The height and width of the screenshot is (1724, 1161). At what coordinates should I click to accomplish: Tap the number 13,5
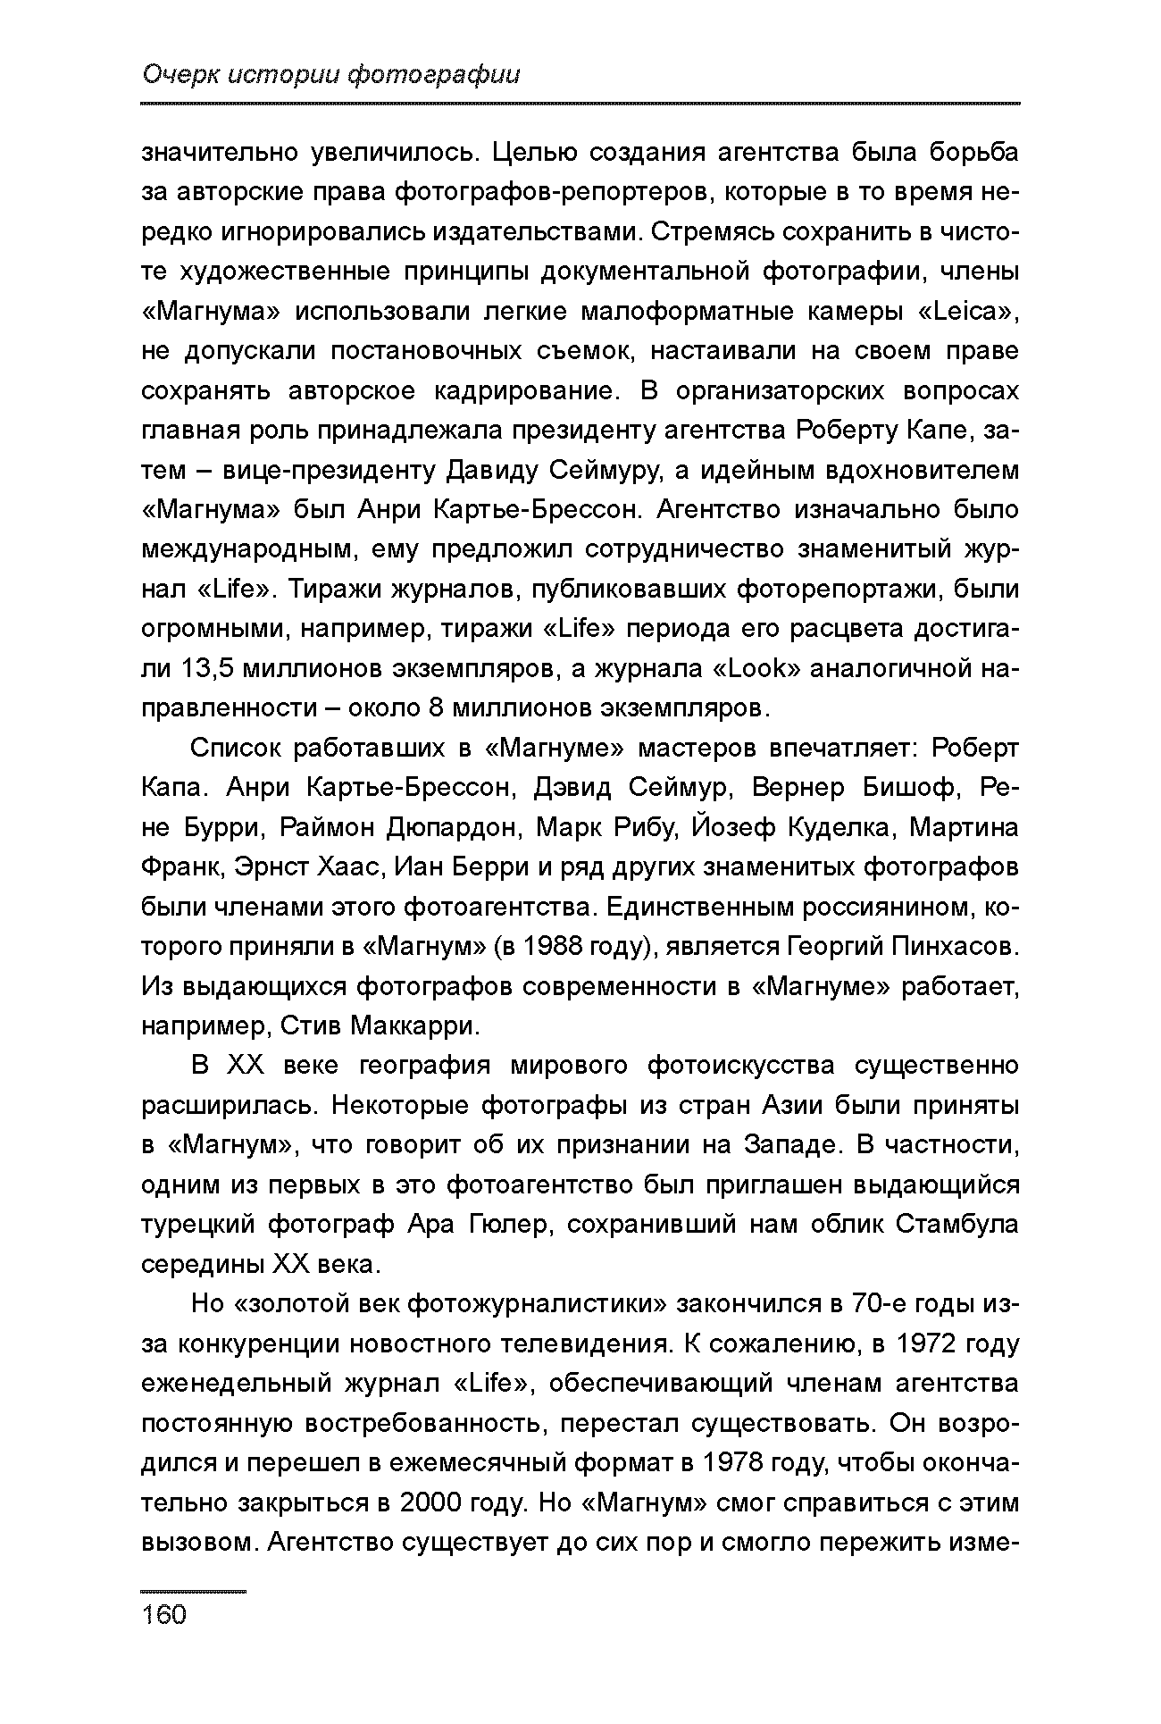point(206,668)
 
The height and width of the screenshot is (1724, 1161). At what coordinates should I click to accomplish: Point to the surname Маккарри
point(415,1025)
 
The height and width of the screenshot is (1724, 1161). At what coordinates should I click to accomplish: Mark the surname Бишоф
point(900,788)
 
